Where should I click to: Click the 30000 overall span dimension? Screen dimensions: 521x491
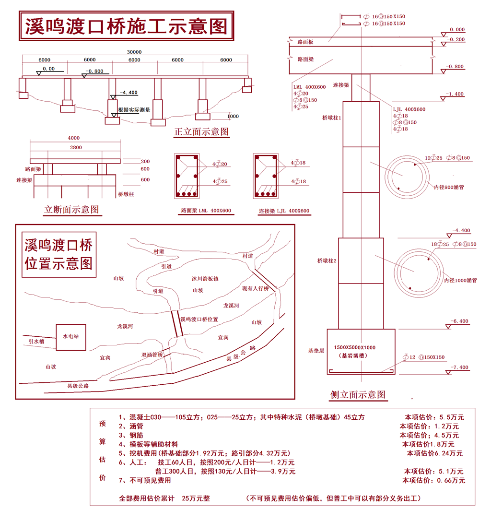[x=134, y=52]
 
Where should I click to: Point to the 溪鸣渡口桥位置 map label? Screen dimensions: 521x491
[x=199, y=319]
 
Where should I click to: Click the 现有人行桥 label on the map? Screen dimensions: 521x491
[x=255, y=288]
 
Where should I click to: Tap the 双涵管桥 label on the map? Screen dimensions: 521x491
[x=152, y=355]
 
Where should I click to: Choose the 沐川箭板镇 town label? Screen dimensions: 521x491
[x=205, y=279]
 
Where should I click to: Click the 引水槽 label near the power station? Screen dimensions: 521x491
[x=36, y=341]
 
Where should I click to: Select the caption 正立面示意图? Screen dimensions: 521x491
[x=201, y=131]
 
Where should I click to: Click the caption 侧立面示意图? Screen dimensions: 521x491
[x=358, y=394]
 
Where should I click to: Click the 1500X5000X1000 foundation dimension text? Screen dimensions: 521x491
[x=355, y=347]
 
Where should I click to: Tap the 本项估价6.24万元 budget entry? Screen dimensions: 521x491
[x=435, y=453]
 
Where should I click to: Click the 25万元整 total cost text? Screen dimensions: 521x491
[x=196, y=498]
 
